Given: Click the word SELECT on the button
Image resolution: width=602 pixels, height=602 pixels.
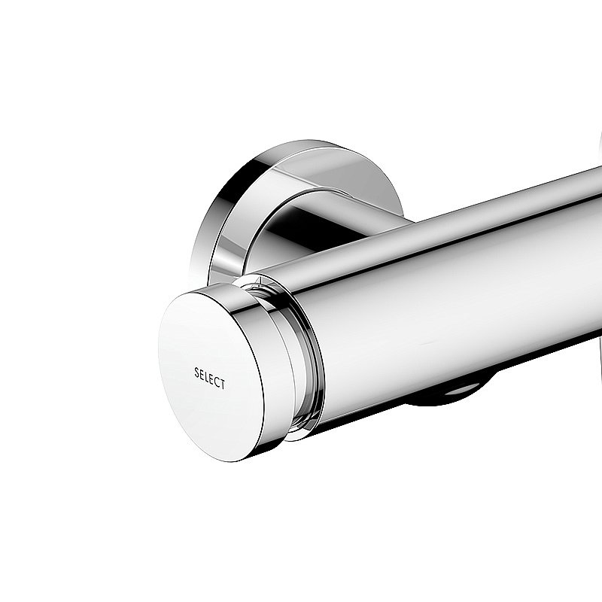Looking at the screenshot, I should coord(209,378).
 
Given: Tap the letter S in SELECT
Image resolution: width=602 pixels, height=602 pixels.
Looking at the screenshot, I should coord(197,372).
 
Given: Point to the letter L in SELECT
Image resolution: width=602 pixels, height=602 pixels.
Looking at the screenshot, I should coord(207,376).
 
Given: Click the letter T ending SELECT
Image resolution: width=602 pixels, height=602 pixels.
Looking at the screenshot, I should coord(222,385).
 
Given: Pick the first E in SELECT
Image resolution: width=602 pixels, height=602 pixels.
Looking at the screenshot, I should coord(202,374).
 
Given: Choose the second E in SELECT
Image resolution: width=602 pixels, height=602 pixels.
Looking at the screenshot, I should coord(211,379).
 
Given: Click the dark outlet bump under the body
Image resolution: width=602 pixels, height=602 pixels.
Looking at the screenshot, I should coord(444,393).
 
